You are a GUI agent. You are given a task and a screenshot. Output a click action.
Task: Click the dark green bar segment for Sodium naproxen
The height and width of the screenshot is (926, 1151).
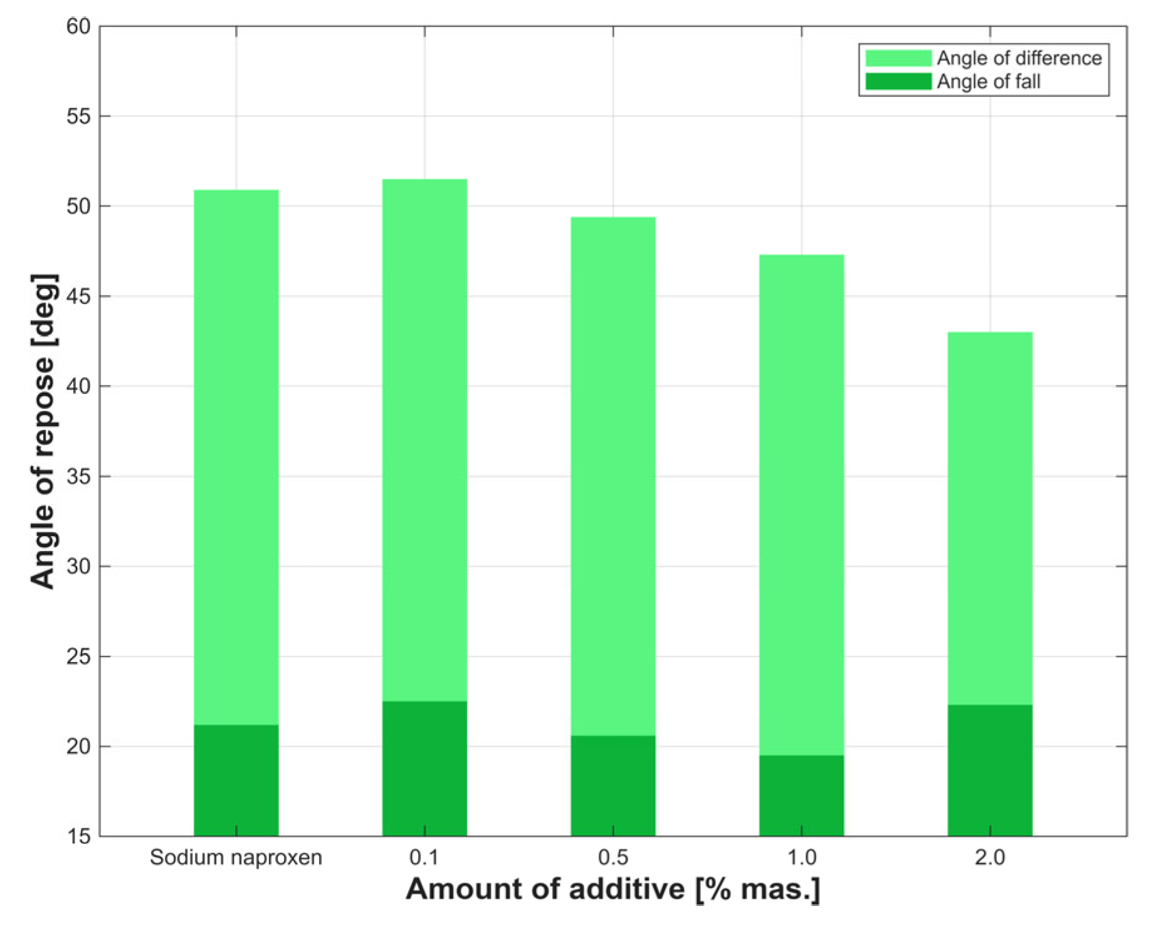click(236, 780)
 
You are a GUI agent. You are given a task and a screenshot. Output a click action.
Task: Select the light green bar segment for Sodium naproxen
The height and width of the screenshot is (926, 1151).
click(236, 457)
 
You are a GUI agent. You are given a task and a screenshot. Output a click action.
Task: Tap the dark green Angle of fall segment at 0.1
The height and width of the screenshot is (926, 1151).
click(424, 768)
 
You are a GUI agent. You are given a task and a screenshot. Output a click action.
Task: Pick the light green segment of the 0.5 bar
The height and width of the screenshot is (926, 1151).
click(613, 476)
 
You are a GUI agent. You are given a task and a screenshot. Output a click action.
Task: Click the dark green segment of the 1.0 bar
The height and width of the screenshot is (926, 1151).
click(801, 796)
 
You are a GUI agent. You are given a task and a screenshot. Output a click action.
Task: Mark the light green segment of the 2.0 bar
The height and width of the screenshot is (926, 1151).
click(990, 518)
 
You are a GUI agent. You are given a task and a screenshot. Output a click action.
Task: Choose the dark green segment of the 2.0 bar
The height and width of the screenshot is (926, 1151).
click(990, 771)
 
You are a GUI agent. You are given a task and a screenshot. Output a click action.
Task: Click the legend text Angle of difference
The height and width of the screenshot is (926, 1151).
click(1019, 58)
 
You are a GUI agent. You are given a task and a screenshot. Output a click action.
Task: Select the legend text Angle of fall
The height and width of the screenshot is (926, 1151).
click(989, 82)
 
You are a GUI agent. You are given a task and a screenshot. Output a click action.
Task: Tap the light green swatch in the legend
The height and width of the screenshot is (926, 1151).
click(898, 58)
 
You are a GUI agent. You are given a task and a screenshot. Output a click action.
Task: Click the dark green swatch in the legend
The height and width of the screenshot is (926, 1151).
click(898, 82)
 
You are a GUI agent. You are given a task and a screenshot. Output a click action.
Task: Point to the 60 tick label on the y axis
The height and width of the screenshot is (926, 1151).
click(78, 26)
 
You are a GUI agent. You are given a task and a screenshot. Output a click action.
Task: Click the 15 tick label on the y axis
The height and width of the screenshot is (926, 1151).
click(78, 836)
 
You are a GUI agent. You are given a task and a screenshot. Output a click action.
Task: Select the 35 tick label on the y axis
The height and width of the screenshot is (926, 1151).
click(78, 476)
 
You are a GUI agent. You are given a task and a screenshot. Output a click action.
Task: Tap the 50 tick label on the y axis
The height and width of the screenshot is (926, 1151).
click(78, 206)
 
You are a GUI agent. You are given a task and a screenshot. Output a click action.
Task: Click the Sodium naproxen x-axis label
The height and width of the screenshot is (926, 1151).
click(236, 857)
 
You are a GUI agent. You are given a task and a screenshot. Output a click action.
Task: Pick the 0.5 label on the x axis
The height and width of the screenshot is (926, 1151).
click(613, 857)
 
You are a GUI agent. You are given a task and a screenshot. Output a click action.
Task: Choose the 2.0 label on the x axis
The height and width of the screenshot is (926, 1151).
click(990, 857)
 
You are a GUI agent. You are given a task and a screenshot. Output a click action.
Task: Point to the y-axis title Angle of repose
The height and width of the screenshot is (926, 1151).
click(44, 431)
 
